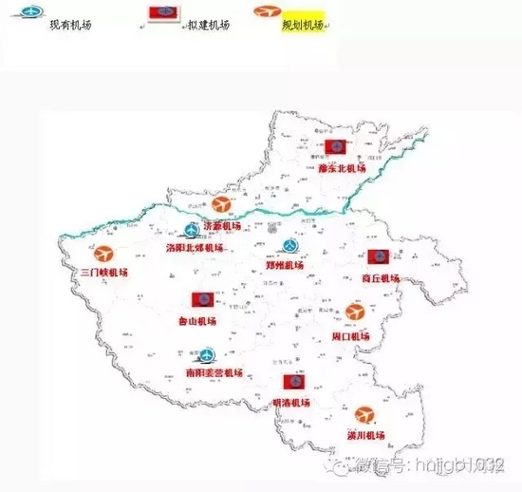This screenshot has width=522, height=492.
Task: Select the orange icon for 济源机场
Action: click(221, 205)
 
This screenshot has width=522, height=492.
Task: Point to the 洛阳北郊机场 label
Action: click(195, 247)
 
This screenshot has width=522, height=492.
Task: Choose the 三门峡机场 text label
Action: click(104, 273)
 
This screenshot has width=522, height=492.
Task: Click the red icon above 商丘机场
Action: click(378, 257)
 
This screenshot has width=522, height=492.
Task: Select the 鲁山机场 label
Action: click(197, 321)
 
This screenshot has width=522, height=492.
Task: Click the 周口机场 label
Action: click(352, 335)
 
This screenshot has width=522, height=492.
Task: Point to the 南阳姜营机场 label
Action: click(214, 372)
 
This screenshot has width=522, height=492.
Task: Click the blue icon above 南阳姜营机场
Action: click(201, 353)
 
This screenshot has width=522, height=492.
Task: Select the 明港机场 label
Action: click(291, 403)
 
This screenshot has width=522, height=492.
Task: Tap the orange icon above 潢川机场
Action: click(365, 415)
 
